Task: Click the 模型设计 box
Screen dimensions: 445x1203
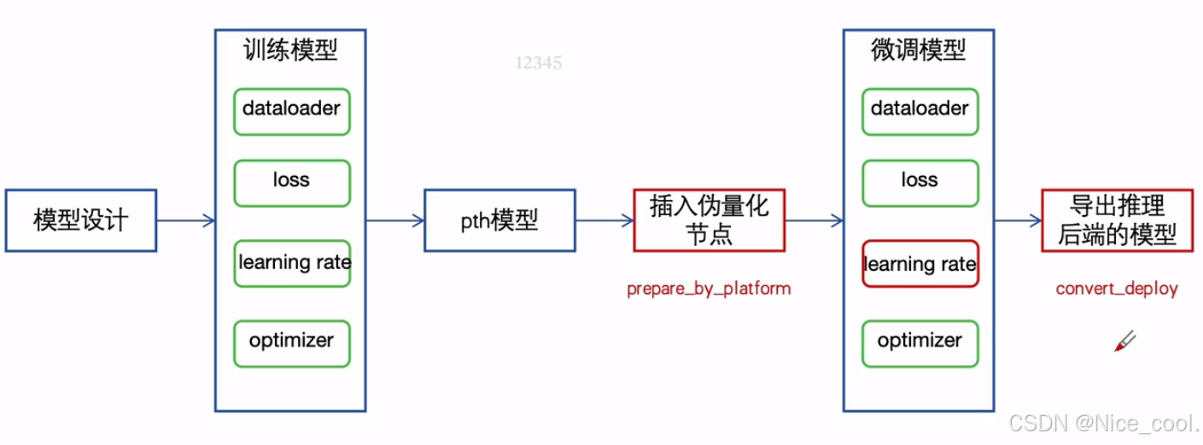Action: [x=81, y=220]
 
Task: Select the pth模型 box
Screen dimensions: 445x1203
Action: [x=499, y=220]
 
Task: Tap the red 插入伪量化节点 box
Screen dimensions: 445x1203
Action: [x=709, y=220]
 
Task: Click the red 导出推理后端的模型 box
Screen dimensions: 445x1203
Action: [x=1117, y=220]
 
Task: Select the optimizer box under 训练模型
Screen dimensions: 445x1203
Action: [x=291, y=343]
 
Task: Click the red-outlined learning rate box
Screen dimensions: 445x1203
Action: [x=920, y=263]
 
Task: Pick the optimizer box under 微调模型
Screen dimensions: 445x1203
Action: [x=920, y=343]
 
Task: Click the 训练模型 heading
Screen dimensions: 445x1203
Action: [x=290, y=50]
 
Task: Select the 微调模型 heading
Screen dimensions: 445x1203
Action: [x=918, y=50]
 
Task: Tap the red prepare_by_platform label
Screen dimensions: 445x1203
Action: [x=709, y=289]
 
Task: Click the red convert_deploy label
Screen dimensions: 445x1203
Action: [x=1117, y=289]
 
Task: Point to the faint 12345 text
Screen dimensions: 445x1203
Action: [x=539, y=62]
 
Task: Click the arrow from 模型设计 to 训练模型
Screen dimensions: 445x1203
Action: [x=185, y=221]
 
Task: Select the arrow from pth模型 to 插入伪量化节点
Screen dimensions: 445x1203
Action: [x=604, y=221]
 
